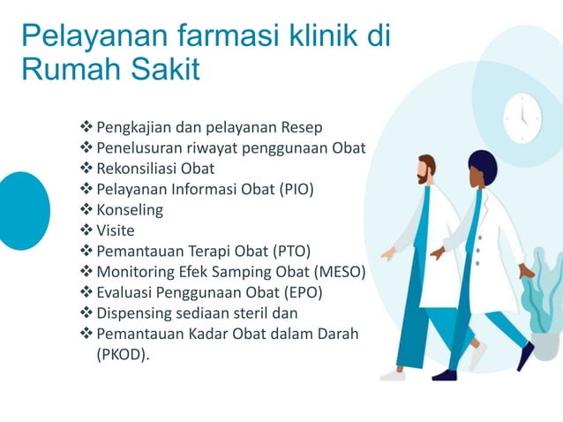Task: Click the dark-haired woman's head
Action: [x=481, y=167]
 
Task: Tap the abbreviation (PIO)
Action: [x=295, y=189]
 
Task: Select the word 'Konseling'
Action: [x=130, y=210]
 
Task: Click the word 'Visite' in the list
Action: [x=116, y=230]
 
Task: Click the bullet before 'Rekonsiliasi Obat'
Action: [x=86, y=169]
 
